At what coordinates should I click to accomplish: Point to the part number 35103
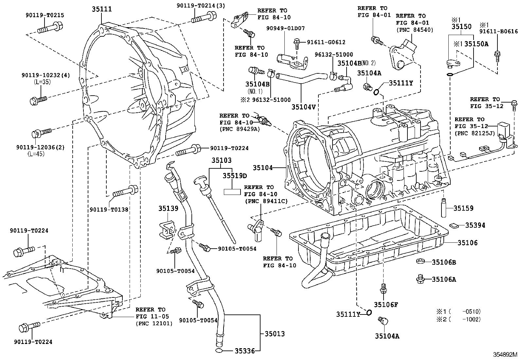point(221,161)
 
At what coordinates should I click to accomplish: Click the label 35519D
point(235,176)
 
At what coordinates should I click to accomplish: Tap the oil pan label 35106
point(467,243)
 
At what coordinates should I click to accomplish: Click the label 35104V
point(304,106)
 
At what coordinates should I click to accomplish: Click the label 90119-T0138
point(109,209)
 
